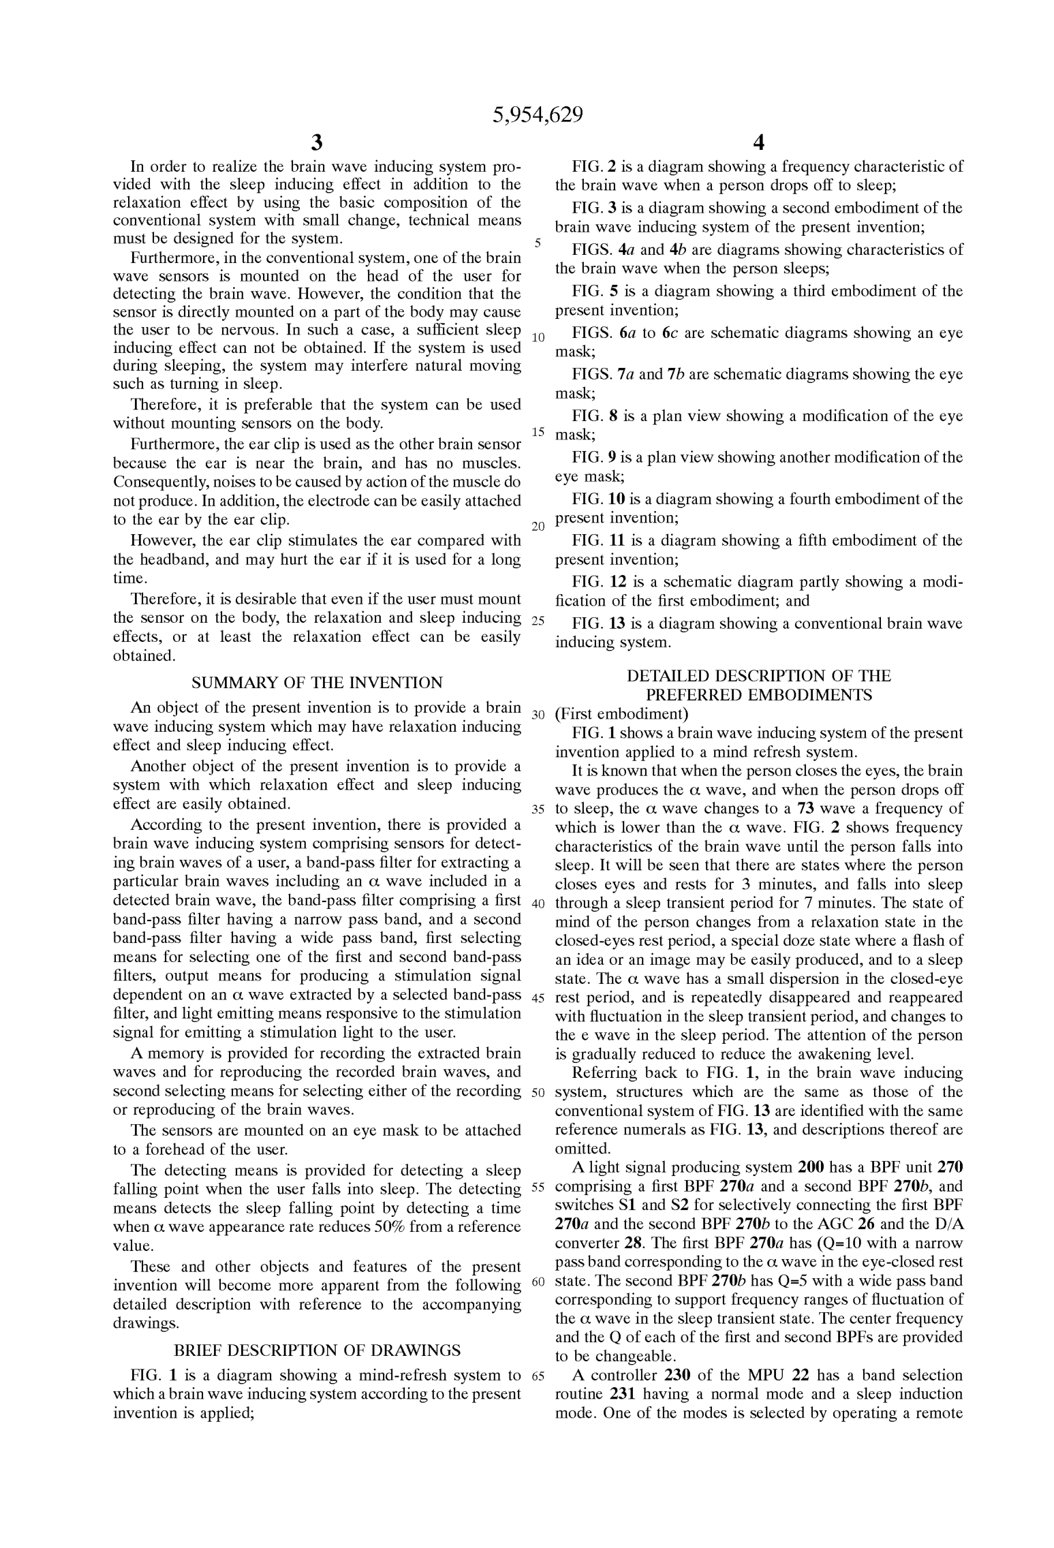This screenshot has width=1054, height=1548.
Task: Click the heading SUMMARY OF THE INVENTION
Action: pyautogui.click(x=317, y=682)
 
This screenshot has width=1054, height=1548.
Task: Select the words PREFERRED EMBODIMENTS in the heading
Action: pyautogui.click(x=758, y=695)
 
